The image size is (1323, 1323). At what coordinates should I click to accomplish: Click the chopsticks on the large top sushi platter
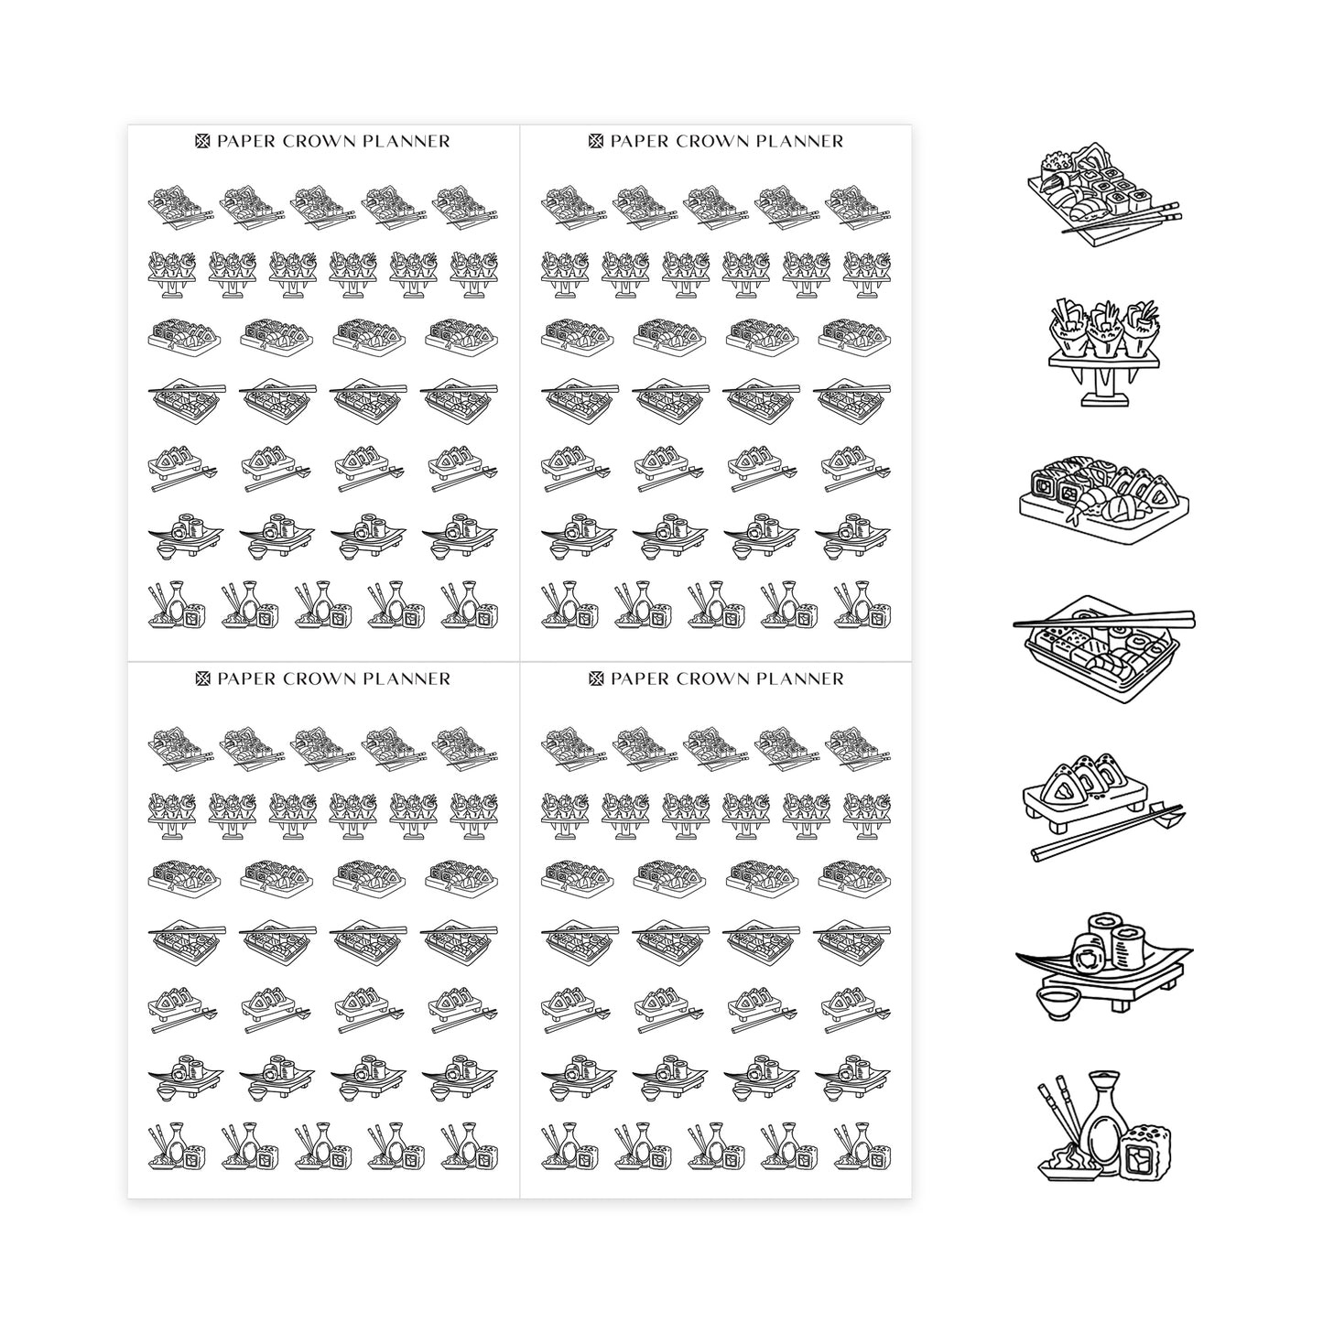(x=1121, y=217)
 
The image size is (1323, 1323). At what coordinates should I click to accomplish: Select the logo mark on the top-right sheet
(x=595, y=141)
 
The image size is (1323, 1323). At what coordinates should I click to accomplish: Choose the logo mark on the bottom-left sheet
(x=201, y=679)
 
